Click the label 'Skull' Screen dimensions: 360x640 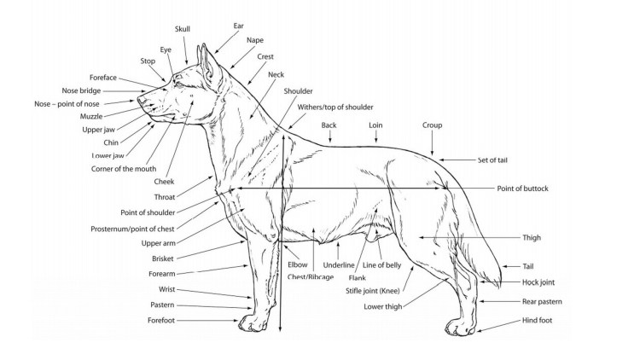183,29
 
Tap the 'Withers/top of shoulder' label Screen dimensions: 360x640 335,107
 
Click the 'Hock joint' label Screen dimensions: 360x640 539,282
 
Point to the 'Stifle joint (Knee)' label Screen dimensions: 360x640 376,291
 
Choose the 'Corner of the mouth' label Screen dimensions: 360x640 122,168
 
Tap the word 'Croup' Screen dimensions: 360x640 432,125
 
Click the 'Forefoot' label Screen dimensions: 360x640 166,320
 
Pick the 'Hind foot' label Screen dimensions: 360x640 538,321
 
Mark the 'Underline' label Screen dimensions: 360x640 339,265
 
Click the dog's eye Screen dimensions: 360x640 177,79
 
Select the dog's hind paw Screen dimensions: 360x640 460,327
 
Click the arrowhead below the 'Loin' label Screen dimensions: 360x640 375,141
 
